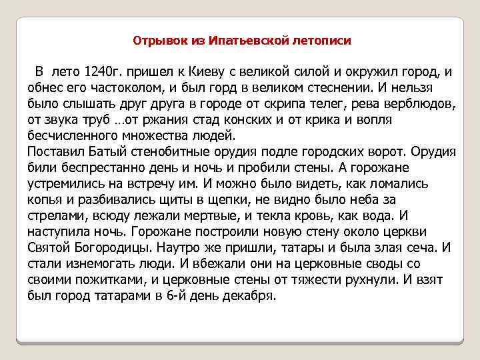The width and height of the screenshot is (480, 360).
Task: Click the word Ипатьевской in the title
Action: pos(249,41)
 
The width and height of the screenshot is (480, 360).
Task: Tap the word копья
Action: pos(45,199)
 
